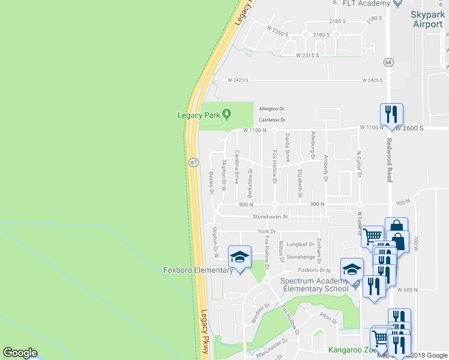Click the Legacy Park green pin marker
[226, 113]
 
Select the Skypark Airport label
[428, 19]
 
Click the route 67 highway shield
[193, 162]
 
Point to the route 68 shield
[389, 62]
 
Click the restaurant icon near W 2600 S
[391, 114]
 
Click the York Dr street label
[267, 231]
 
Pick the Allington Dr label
[271, 109]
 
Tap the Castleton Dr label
[271, 120]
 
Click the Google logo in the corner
[20, 353]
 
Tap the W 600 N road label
[406, 290]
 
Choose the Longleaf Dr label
[300, 244]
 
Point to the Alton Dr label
[328, 316]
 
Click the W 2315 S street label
[310, 55]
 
